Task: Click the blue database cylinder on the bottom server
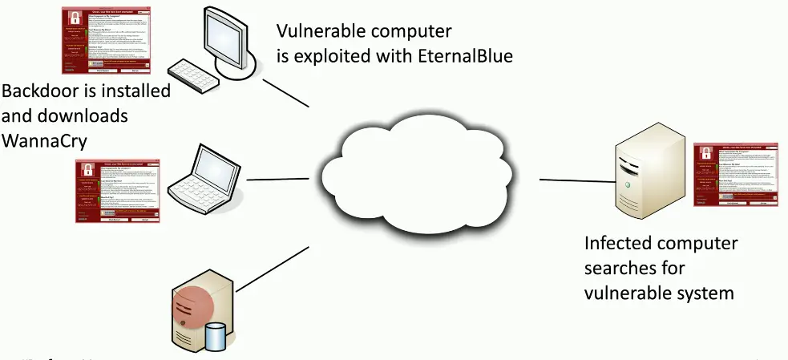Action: pyautogui.click(x=215, y=335)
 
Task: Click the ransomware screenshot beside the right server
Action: pyautogui.click(x=735, y=176)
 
